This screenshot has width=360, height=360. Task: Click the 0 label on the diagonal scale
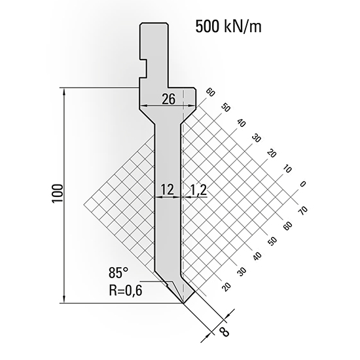302,183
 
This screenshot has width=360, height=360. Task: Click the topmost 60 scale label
210,92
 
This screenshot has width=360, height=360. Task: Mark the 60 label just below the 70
285,225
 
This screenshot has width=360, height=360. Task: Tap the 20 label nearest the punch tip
226,285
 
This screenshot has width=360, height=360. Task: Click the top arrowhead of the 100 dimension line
64,90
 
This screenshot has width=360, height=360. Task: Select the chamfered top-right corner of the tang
166,24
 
